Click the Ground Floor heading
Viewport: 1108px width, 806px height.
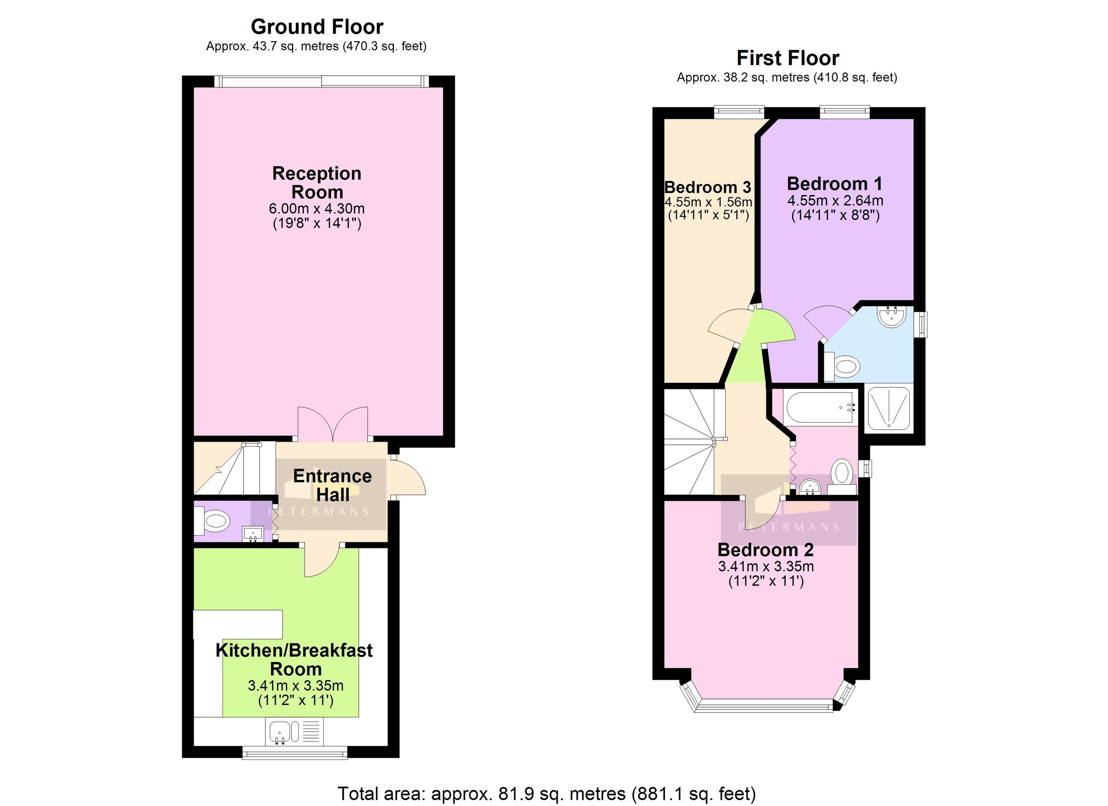coord(317,26)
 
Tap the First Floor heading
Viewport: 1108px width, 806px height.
coord(787,58)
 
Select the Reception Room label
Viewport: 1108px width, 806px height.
coord(317,182)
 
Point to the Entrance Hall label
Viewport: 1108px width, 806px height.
coord(332,485)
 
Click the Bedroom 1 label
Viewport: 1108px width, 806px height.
coord(834,184)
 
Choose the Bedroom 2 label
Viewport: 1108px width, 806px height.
coord(765,550)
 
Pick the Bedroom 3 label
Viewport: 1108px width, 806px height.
coord(707,187)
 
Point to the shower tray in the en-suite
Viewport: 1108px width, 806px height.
coord(889,409)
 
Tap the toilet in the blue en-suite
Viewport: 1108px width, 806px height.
coord(845,366)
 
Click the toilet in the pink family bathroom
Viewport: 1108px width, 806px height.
coord(842,473)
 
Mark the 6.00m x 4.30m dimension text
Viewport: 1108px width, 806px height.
coord(317,209)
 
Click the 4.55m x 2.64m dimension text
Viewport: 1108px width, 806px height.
coord(835,200)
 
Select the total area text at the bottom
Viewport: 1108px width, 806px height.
coord(547,793)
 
